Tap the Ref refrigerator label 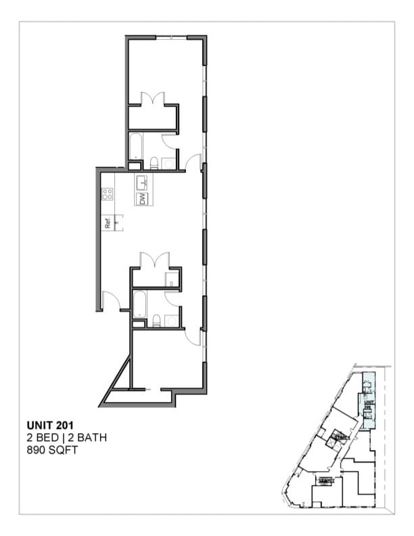point(107,222)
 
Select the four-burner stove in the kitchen point(107,194)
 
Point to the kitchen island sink point(142,182)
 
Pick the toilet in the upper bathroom point(154,162)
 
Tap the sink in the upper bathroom point(168,163)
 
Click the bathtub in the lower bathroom point(140,304)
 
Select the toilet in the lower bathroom point(156,321)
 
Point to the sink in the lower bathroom point(172,321)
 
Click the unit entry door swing point(111,300)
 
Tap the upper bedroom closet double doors point(154,99)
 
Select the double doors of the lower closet point(154,259)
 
